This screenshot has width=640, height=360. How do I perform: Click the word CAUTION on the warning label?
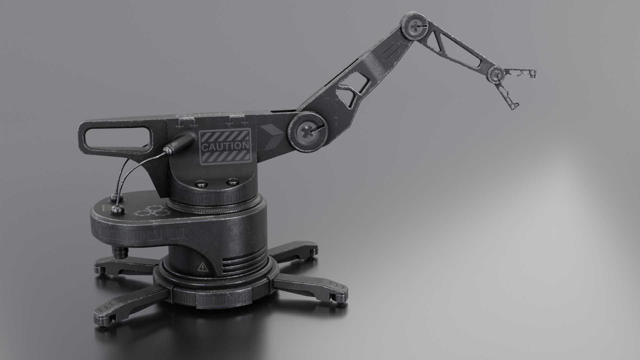pos(224,146)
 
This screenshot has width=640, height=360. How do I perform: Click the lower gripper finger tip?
pos(514,106)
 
